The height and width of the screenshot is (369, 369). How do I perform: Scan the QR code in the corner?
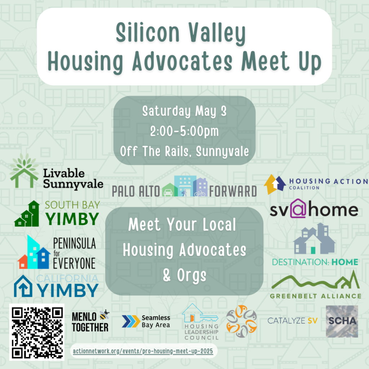pos(37,332)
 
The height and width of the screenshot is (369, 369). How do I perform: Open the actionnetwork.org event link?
pos(143,351)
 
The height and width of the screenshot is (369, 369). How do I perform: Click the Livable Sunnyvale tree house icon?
pos(24,170)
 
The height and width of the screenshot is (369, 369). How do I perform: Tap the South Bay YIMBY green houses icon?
pos(27,214)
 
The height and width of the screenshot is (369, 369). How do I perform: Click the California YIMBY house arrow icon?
pos(23,286)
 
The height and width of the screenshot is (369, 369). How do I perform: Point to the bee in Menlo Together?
pos(104,315)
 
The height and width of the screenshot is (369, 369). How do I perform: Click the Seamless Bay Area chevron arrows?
pos(131,321)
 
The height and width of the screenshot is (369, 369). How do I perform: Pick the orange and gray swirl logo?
pos(241,321)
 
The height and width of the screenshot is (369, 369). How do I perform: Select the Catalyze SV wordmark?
pos(292,320)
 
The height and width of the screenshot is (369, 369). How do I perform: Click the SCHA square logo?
pos(342,321)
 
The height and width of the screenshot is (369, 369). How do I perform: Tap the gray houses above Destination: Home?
pos(314,239)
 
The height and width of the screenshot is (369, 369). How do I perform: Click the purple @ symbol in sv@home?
pos(298,209)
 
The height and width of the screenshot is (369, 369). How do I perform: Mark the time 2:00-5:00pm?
pos(184,131)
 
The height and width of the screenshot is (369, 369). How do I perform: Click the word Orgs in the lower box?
pos(192,275)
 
